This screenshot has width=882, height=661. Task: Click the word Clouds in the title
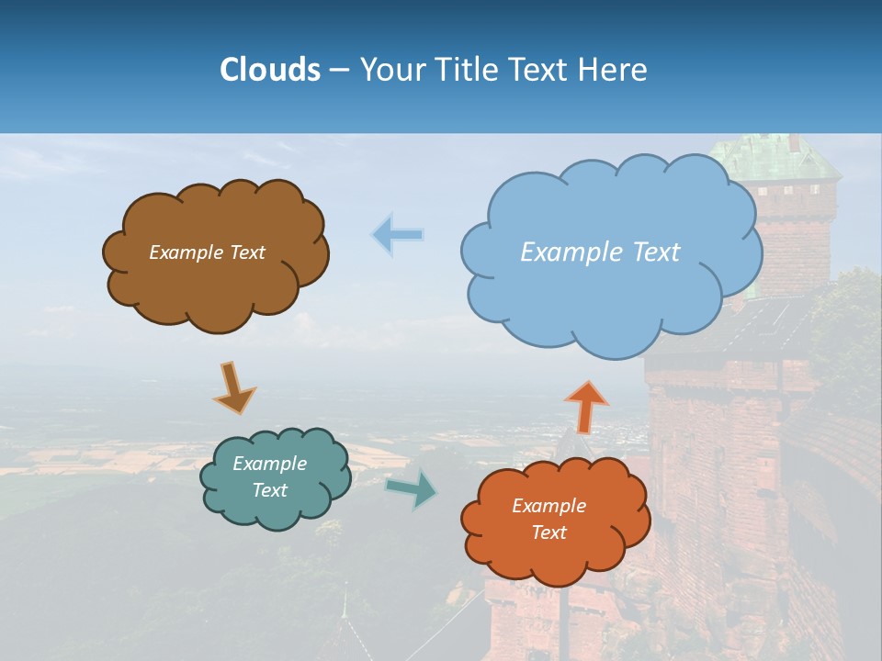269,70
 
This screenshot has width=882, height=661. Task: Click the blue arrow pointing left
398,235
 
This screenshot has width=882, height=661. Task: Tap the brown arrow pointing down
233,387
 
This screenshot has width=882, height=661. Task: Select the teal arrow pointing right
412,488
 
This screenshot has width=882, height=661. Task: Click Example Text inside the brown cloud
207,252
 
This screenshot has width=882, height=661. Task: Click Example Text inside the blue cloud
600,252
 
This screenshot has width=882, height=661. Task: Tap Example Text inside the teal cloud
269,476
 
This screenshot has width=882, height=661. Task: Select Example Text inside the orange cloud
548,519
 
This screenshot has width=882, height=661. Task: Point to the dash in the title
339,71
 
